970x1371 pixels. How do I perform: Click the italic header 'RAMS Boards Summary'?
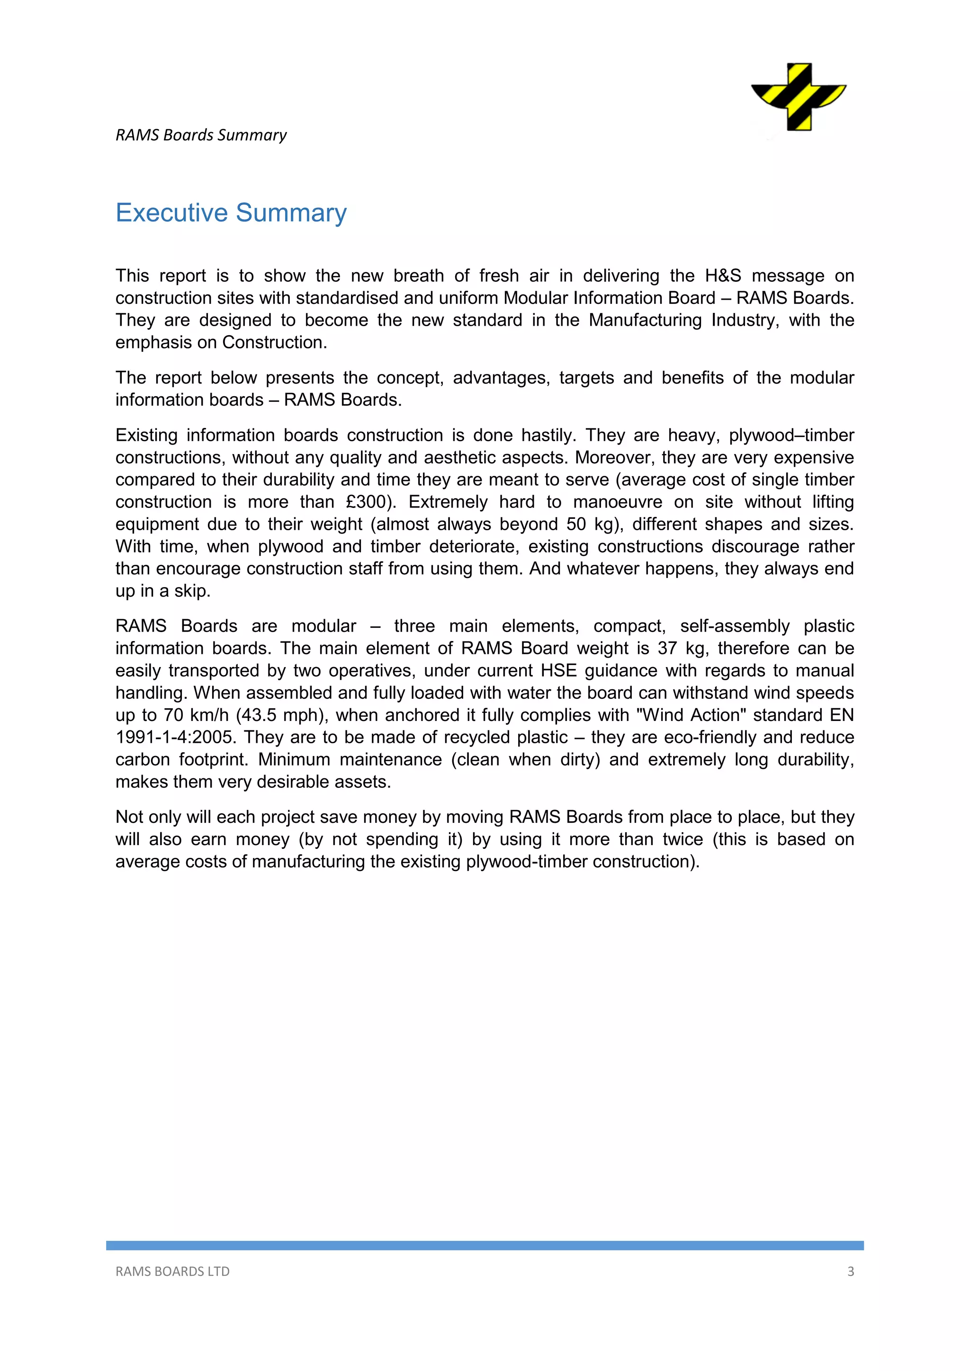(x=201, y=135)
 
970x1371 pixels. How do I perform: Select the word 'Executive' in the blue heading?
(x=171, y=213)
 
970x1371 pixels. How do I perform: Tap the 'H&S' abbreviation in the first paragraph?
(x=723, y=276)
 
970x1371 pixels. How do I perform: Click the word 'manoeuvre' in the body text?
(x=618, y=502)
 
